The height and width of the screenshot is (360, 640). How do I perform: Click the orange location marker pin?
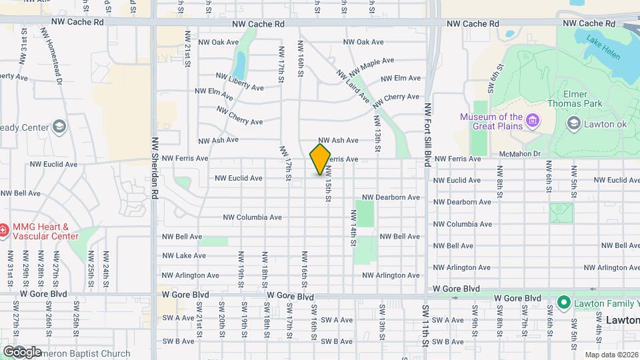tap(320, 159)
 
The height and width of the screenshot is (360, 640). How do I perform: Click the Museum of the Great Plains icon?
tap(533, 121)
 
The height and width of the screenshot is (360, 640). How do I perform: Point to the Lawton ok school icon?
tap(573, 123)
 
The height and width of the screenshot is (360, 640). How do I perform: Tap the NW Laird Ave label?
tap(353, 87)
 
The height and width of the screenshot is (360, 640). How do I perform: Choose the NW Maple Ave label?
tap(372, 65)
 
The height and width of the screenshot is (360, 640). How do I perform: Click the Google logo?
tap(22, 351)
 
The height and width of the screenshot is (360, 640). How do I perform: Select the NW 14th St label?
tap(353, 228)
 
